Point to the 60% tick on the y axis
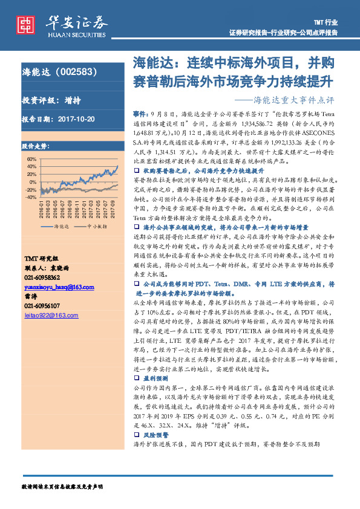pyautogui.click(x=32, y=159)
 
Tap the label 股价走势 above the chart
pyautogui.click(x=35, y=146)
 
